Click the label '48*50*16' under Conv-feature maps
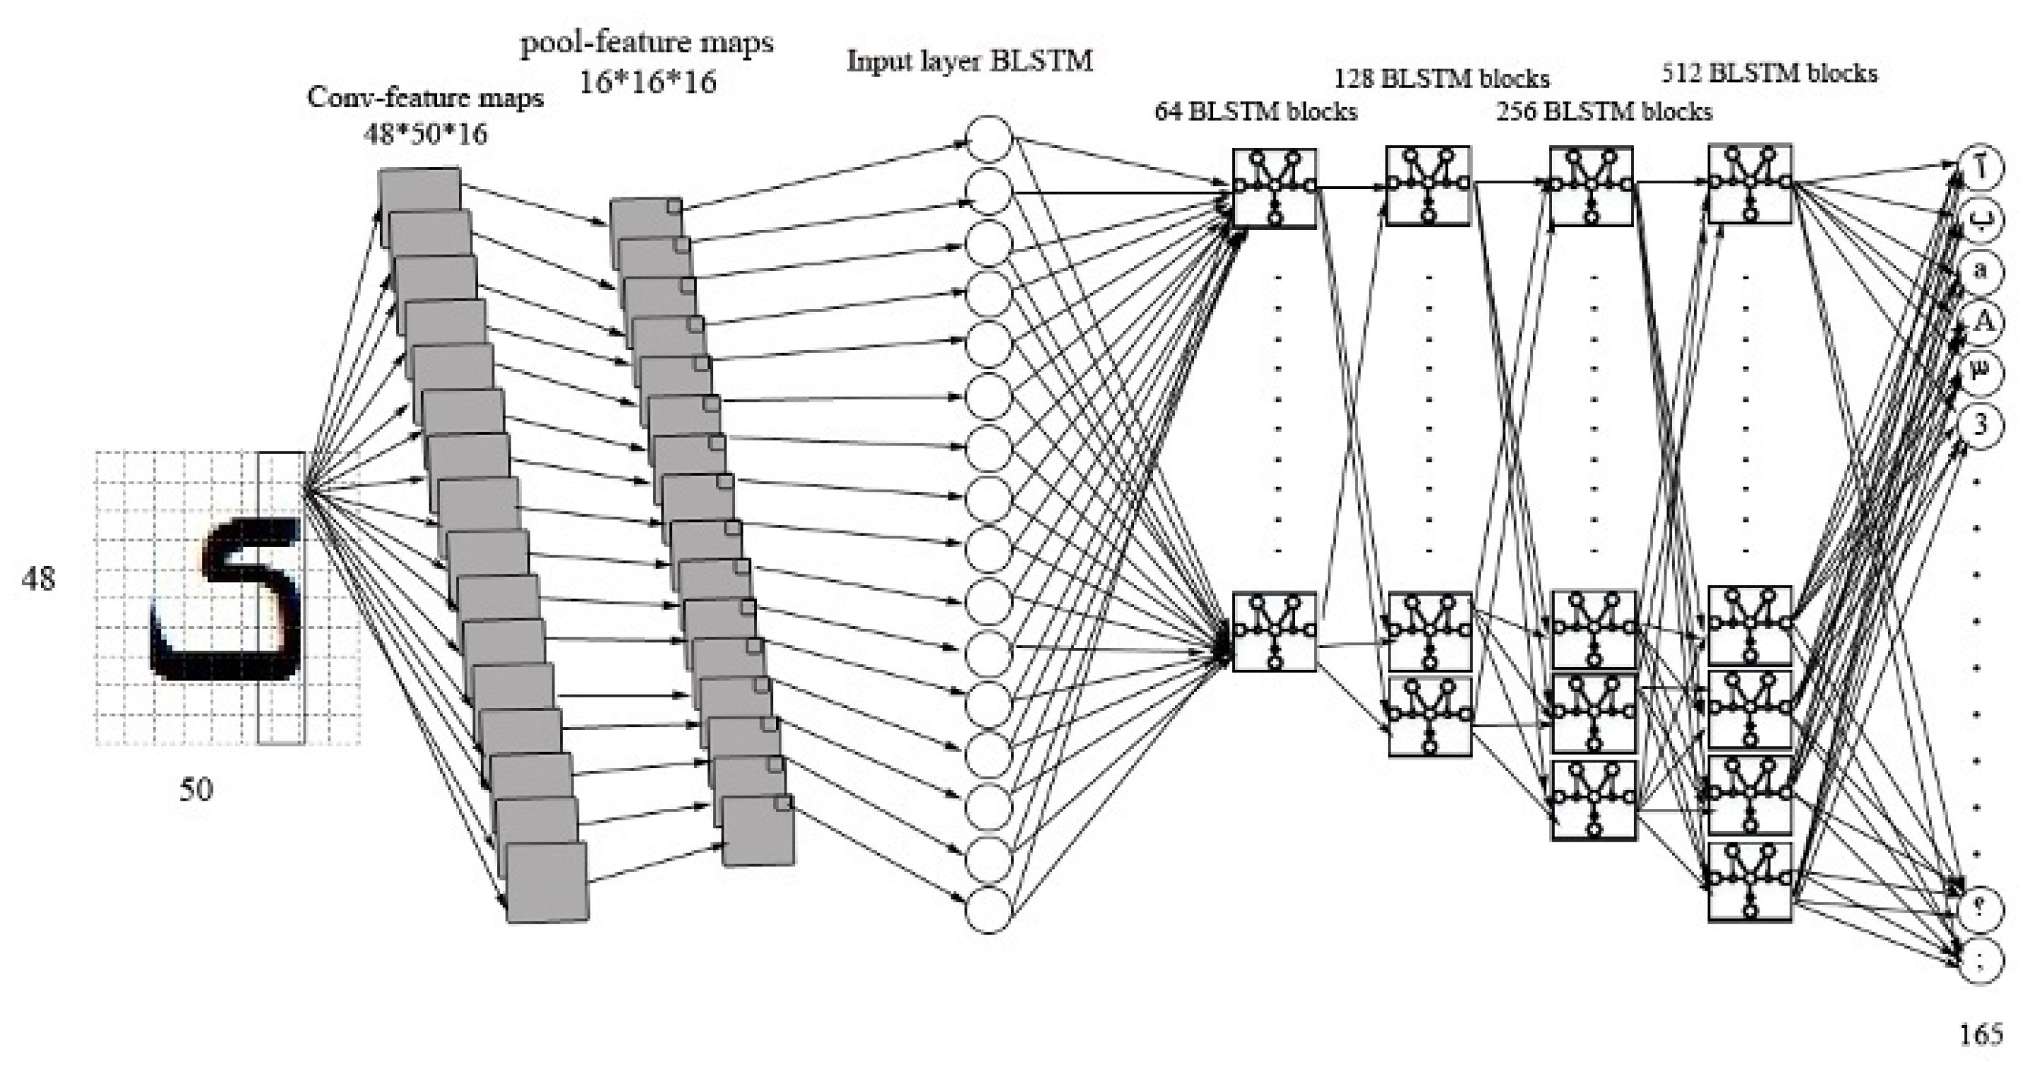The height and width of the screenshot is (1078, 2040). tap(425, 134)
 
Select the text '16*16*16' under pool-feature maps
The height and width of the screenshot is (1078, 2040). tap(647, 81)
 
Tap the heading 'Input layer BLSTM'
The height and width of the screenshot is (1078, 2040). tap(969, 61)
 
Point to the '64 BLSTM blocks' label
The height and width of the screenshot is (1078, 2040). tap(1256, 112)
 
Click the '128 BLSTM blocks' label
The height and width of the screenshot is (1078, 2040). tap(1442, 79)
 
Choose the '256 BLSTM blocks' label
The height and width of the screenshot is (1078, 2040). tap(1604, 112)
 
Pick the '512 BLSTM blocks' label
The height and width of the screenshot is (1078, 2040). tap(1769, 74)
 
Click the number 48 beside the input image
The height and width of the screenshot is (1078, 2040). tap(38, 579)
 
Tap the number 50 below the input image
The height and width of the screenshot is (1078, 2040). tap(196, 789)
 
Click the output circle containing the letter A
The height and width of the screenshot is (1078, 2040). tap(1981, 322)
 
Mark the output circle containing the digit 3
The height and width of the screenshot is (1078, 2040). tap(1981, 425)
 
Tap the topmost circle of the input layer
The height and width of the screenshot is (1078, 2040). tap(988, 139)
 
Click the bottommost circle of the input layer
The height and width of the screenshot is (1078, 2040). tap(988, 911)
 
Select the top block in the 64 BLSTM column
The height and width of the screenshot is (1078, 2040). tap(1274, 187)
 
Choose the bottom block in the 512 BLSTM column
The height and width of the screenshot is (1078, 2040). tap(1749, 881)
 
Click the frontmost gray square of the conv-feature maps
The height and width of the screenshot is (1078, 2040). tap(547, 882)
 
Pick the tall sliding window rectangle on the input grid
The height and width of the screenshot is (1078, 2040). tap(281, 598)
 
